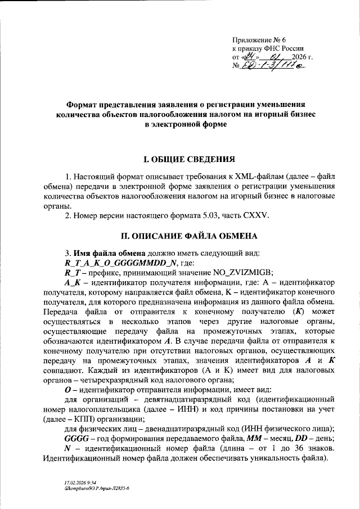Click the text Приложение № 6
click(x=259, y=39)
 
